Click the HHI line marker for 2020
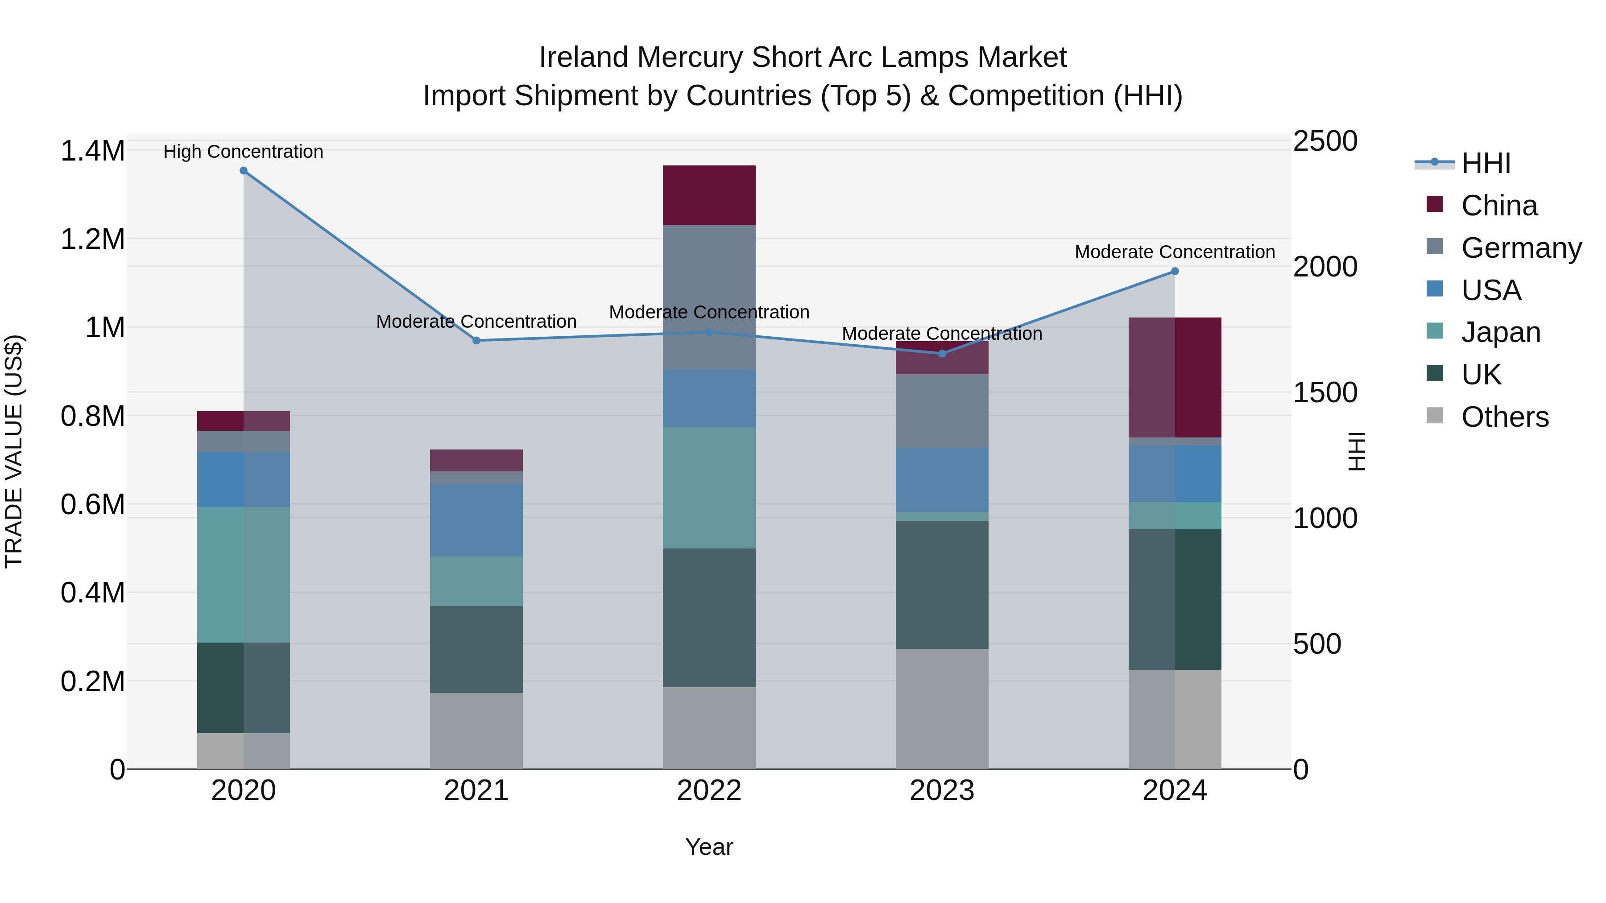(244, 171)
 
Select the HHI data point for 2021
(476, 340)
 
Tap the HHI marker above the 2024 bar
(1175, 271)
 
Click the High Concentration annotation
(243, 152)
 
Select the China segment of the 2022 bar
(709, 195)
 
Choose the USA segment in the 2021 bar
(476, 520)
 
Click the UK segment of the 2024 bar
(1175, 599)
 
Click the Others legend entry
(1504, 417)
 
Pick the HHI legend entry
(1485, 163)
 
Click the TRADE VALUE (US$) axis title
(14, 451)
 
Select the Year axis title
(709, 847)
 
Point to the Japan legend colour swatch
(1435, 331)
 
